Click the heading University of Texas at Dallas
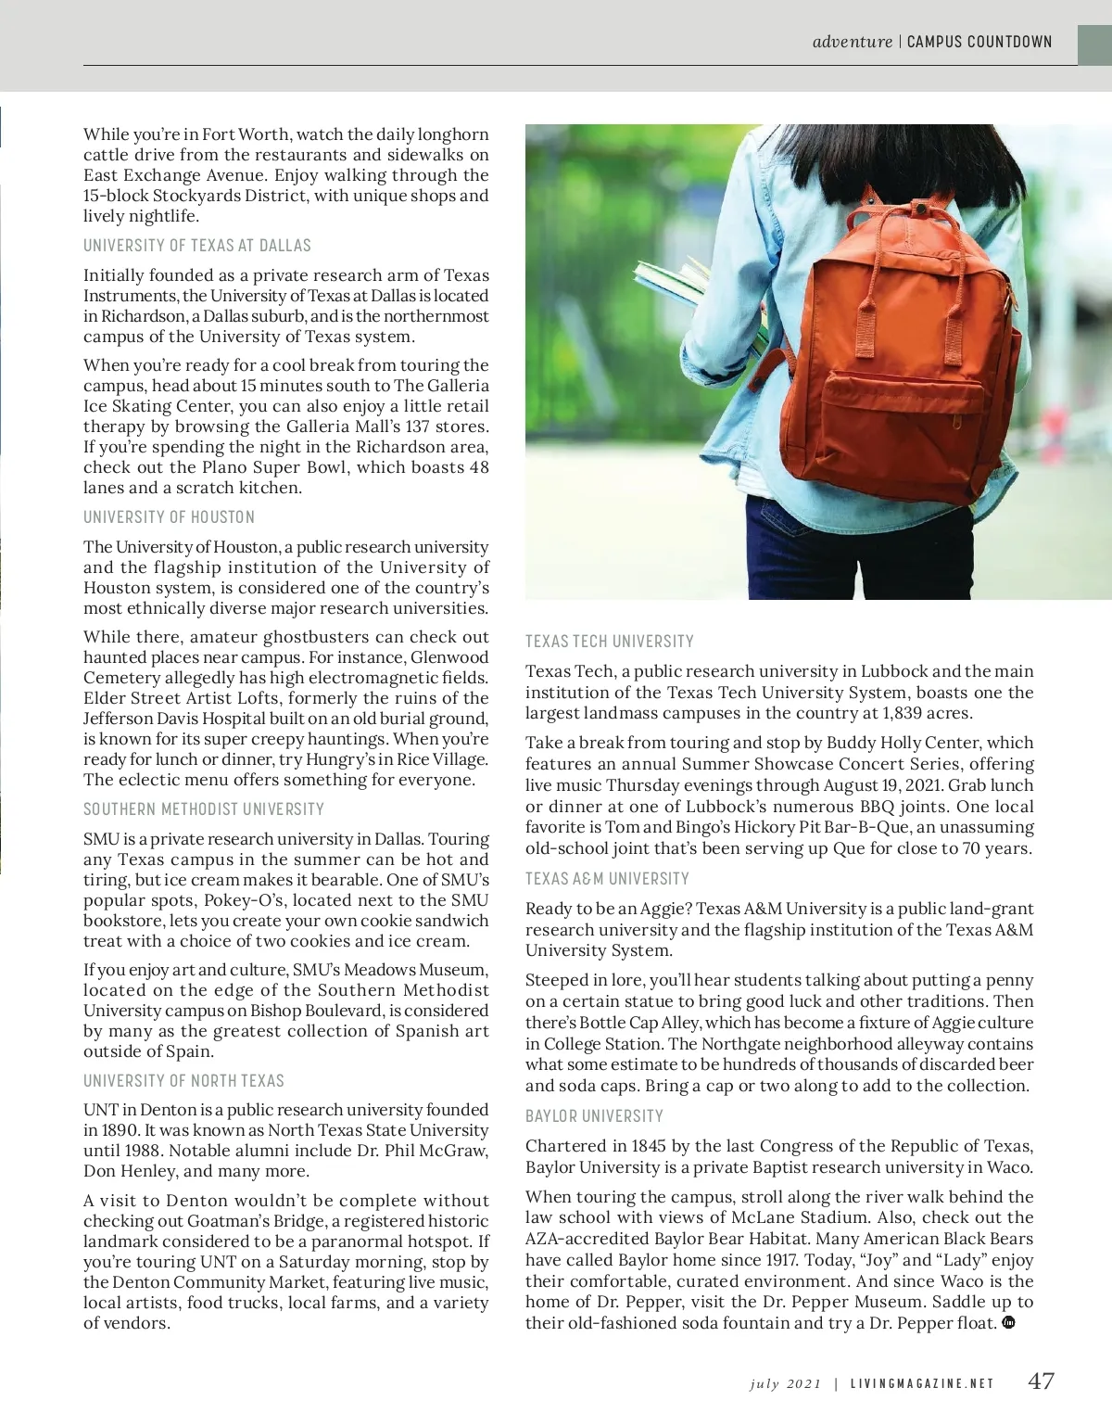pos(197,246)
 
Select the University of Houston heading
pos(169,517)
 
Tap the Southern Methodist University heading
pos(204,809)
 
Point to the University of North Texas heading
pos(183,1081)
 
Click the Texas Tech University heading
pos(609,642)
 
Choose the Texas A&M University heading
pos(607,879)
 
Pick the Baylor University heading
pos(594,1116)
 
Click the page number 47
pos(1041,1381)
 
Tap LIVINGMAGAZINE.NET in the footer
pos(922,1383)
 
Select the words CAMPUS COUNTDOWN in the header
pos(979,42)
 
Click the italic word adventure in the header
pos(852,42)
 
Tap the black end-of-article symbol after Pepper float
pos(1009,1322)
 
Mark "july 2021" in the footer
pos(785,1383)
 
